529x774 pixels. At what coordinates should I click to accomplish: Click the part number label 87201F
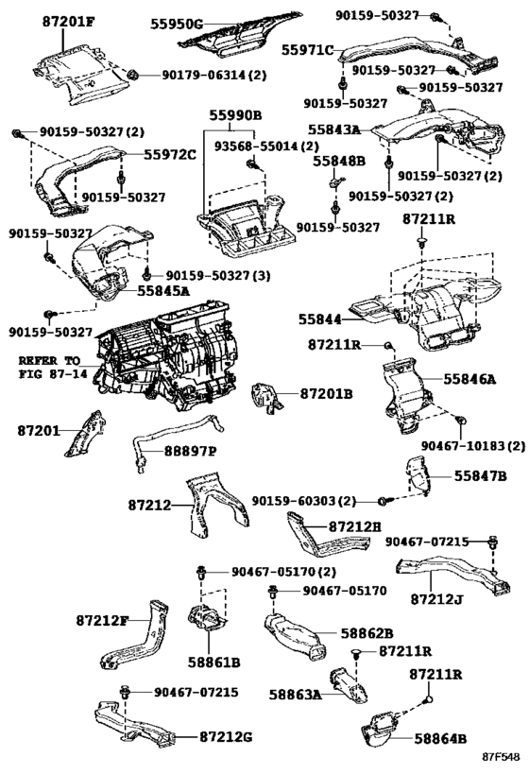pos(68,22)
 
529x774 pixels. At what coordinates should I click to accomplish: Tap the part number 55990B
pos(235,115)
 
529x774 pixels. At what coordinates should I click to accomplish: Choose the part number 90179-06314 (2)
pos(214,76)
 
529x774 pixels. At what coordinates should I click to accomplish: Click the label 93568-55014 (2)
pos(266,146)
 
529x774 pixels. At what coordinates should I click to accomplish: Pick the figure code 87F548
pos(501,756)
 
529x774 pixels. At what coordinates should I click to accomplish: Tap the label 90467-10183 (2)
pos(472,446)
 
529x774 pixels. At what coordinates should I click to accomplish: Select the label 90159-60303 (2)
pos(303,501)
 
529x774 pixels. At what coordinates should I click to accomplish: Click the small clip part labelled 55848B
pos(336,183)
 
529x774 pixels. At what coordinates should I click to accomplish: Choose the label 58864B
pos(440,738)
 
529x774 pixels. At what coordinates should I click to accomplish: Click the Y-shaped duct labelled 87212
pos(217,504)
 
